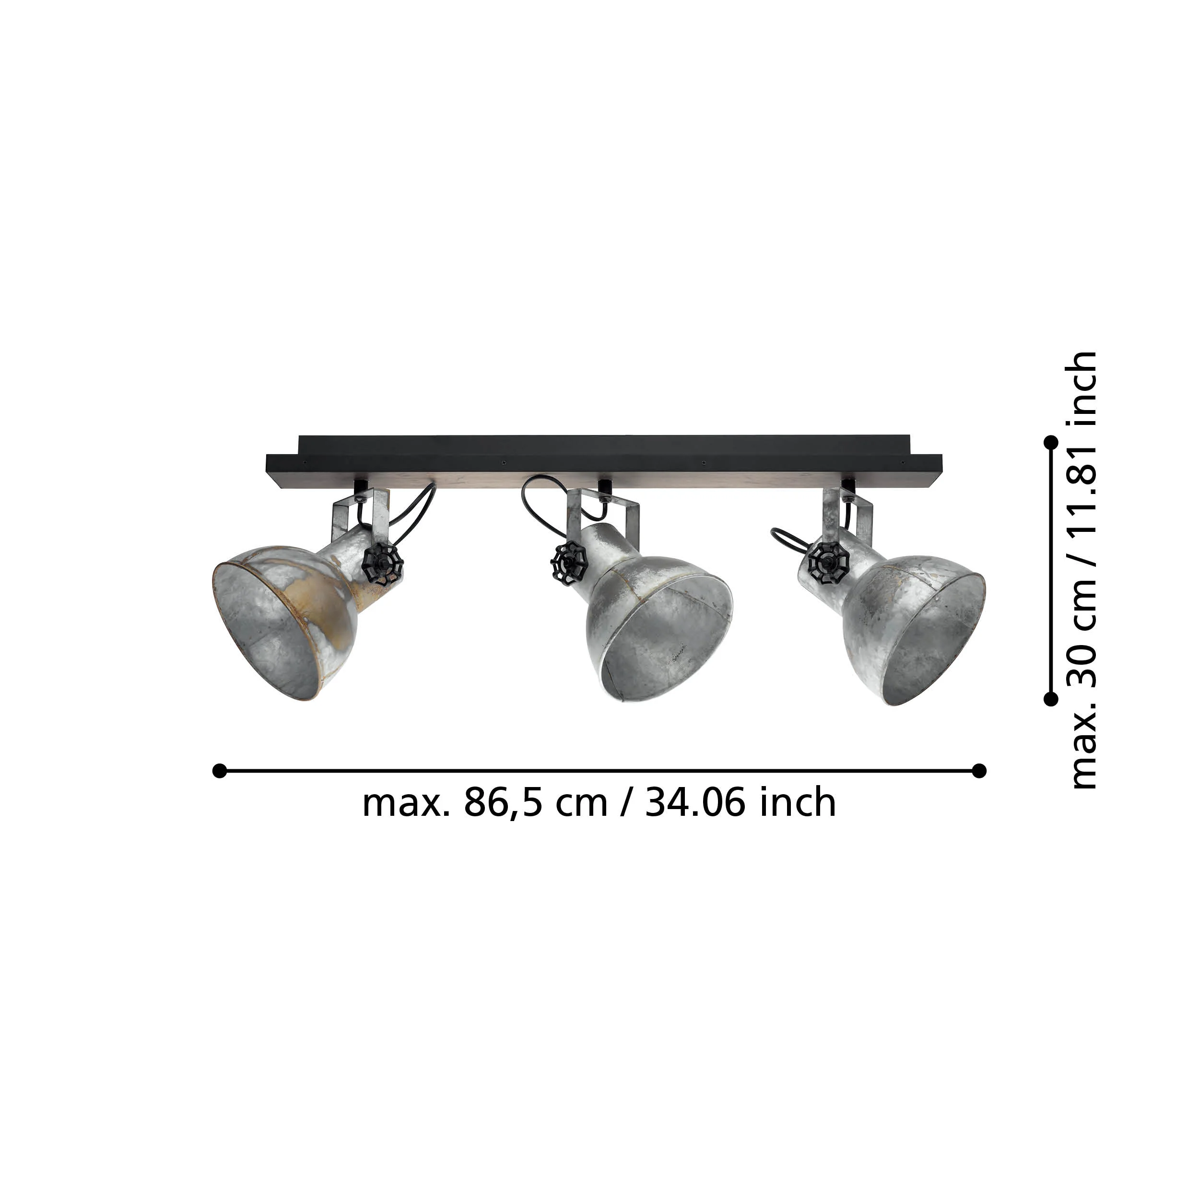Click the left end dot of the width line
(x=219, y=771)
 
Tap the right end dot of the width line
(x=979, y=771)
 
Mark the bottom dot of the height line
(x=1051, y=699)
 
